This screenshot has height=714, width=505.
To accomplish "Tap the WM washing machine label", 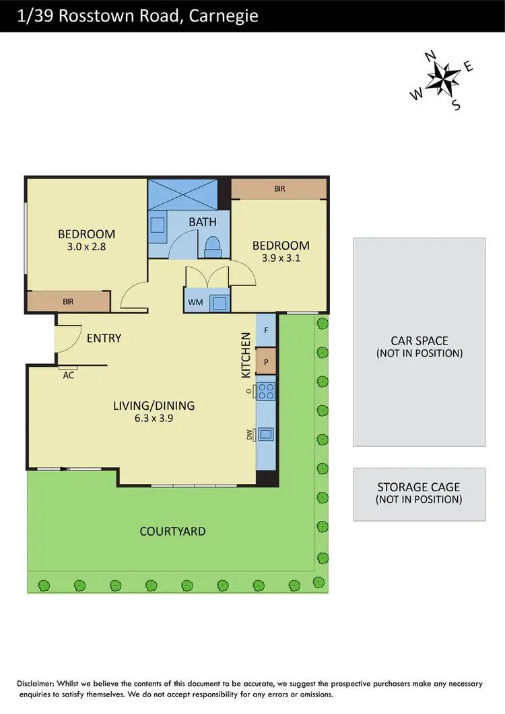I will [x=195, y=302].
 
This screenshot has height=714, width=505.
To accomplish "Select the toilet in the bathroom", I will [x=212, y=246].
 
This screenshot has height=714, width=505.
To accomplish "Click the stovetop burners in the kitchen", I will [x=265, y=391].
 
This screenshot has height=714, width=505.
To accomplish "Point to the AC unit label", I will [x=67, y=376].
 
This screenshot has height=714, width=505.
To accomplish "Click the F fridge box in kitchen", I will [x=266, y=330].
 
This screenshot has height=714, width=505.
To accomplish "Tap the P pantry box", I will [x=266, y=361].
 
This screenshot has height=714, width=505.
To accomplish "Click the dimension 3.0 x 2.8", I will [x=86, y=246].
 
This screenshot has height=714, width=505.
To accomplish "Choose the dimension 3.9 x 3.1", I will [x=280, y=258].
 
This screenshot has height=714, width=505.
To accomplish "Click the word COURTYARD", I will [x=173, y=531].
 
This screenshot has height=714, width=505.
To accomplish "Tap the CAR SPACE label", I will [x=419, y=341].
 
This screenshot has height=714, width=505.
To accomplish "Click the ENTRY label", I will [x=104, y=338].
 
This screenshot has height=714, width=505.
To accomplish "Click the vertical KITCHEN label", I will [x=246, y=355].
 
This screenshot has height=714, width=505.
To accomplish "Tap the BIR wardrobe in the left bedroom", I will [x=68, y=301].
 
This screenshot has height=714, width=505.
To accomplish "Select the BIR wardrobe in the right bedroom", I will [x=279, y=189].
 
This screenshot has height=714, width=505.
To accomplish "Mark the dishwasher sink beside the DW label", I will [x=266, y=433].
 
